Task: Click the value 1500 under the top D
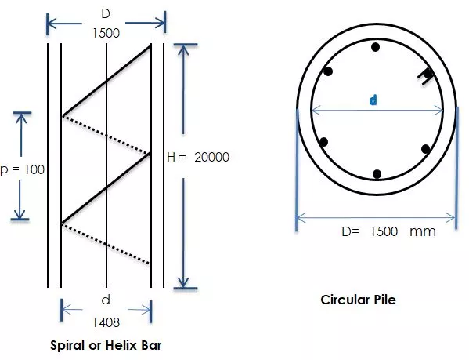[x=106, y=33]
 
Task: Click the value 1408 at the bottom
[x=106, y=322]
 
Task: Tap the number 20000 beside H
[x=211, y=157]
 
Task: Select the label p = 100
[x=22, y=169]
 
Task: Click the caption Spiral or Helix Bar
[x=106, y=345]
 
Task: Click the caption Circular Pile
[x=358, y=300]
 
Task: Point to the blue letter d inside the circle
[x=373, y=100]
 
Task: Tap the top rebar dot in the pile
[x=375, y=47]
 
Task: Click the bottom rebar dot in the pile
[x=377, y=173]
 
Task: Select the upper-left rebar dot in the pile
[x=328, y=71]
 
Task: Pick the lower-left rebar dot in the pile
[x=323, y=142]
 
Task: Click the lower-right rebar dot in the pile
[x=426, y=149]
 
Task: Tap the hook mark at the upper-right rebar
[x=425, y=76]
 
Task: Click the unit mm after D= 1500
[x=422, y=231]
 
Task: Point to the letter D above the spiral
[x=106, y=14]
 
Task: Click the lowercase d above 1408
[x=106, y=300]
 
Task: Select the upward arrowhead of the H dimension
[x=183, y=50]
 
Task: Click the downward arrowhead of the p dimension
[x=20, y=213]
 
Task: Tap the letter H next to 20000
[x=171, y=157]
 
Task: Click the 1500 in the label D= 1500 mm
[x=384, y=231]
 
